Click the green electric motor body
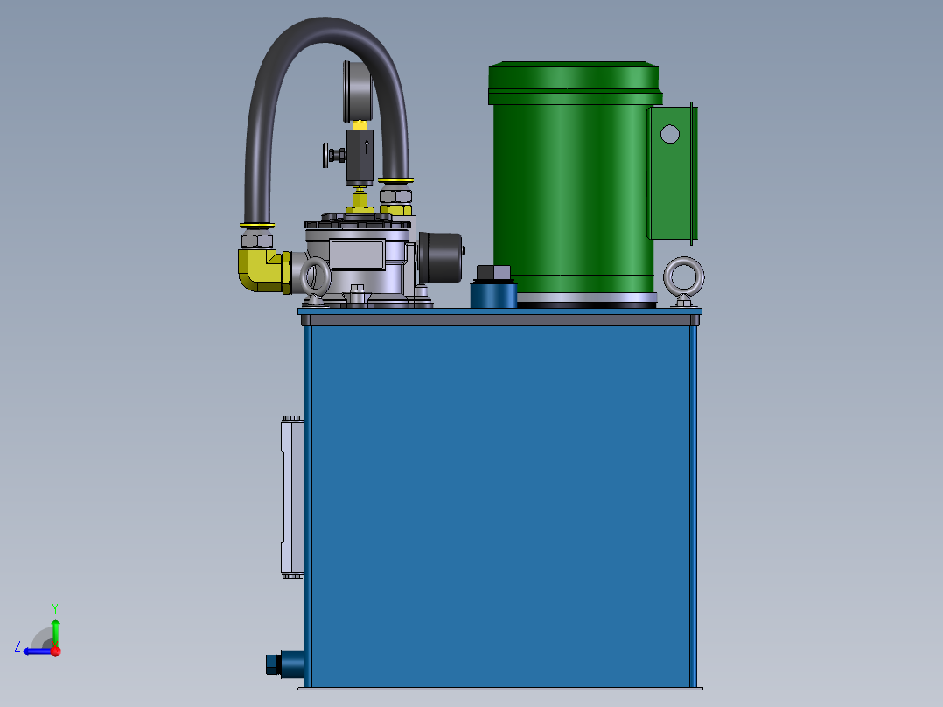point(569,192)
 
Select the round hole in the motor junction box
point(669,134)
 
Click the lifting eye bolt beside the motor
point(684,279)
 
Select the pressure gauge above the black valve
point(358,90)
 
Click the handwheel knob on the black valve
point(332,156)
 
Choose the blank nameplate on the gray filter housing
point(356,255)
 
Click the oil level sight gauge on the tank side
point(291,497)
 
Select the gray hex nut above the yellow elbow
point(257,240)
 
